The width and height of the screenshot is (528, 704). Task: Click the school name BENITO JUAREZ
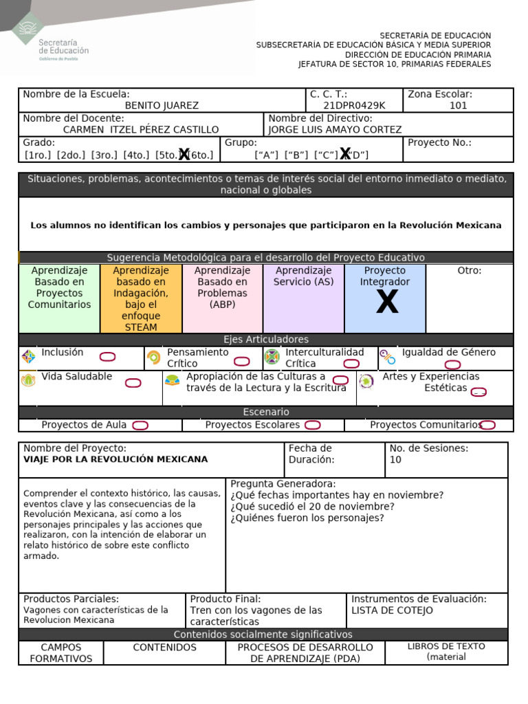162,105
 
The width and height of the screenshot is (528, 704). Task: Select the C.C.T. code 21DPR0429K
354,105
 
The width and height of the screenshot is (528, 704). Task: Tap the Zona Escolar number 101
458,105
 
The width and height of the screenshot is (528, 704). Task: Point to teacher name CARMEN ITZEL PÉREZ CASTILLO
141,129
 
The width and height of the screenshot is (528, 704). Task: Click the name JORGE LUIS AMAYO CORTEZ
335,129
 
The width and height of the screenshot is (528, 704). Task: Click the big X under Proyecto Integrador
387,302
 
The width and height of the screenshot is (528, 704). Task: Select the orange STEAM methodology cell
141,298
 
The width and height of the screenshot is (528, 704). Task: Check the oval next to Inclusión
107,357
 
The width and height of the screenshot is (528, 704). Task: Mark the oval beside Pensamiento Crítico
241,362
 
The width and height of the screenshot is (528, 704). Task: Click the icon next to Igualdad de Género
388,357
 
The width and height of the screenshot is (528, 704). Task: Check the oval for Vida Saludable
133,383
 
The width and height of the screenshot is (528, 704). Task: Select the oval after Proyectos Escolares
312,426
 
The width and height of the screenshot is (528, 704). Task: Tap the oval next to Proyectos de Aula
140,426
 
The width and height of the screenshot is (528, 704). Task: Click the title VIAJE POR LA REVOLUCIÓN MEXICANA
115,459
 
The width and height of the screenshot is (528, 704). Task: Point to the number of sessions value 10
395,459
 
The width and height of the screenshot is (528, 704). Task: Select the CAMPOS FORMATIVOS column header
60,652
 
